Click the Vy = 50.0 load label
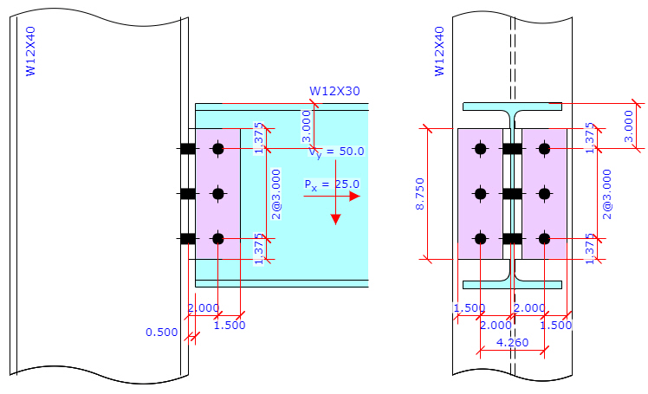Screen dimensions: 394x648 [337, 152]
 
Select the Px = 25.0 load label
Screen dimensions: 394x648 [331, 184]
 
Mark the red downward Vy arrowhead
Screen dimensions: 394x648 [335, 218]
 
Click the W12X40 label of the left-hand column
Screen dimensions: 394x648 [31, 52]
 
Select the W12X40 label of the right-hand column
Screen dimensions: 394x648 [439, 52]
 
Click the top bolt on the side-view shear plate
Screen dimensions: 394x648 [217, 149]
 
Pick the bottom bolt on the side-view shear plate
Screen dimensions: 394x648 [217, 239]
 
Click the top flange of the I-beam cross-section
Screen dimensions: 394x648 [512, 107]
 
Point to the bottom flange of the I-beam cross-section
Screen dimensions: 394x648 [512, 283]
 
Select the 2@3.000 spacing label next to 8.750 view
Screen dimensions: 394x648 [606, 193]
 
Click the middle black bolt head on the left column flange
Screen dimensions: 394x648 [187, 194]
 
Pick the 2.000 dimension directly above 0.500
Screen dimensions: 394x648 [203, 308]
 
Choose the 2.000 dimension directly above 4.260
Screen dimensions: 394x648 [496, 325]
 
